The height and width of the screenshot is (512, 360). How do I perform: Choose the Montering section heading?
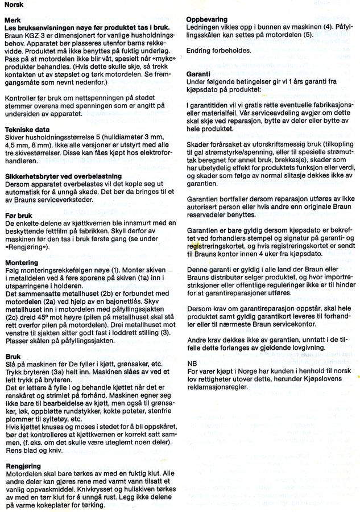(x=21, y=263)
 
